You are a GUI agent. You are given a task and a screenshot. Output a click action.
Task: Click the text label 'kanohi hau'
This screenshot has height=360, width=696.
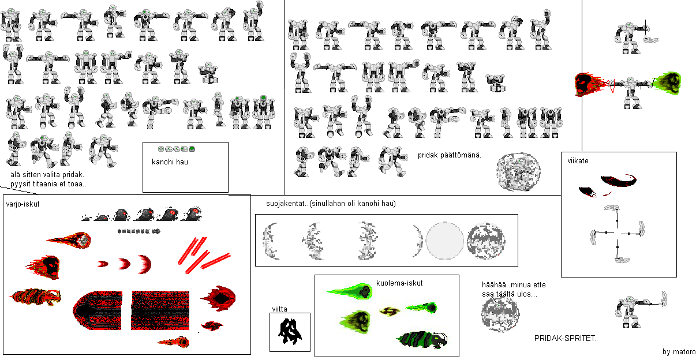point(170,162)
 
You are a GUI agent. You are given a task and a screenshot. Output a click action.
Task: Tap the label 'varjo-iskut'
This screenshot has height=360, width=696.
point(23,204)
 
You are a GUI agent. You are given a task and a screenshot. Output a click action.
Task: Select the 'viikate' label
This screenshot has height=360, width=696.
point(578,160)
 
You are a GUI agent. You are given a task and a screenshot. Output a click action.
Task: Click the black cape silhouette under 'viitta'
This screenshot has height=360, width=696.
point(290,332)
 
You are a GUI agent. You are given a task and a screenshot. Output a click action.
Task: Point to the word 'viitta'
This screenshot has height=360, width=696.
point(280,309)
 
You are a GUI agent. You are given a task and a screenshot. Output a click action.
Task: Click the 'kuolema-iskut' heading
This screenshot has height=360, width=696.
point(399,283)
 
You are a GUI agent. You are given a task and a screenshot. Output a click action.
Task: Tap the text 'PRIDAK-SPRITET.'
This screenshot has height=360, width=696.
point(566,338)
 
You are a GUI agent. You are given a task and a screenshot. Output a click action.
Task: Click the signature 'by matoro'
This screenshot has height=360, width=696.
point(679,351)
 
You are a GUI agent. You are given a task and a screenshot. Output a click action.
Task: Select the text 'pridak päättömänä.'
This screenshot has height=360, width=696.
point(450,155)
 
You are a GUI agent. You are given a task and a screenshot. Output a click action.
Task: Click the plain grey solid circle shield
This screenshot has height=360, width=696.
point(444,241)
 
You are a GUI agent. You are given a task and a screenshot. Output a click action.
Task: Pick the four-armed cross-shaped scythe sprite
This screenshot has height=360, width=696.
point(617,234)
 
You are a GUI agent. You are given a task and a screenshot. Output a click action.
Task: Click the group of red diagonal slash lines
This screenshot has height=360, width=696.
point(204,256)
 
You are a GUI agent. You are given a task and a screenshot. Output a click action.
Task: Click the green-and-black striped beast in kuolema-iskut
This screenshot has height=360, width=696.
point(422,340)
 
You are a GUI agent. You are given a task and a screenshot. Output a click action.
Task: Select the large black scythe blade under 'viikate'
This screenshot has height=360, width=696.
point(618,181)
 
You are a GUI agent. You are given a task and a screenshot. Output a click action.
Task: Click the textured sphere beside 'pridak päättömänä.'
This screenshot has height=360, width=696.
point(518,171)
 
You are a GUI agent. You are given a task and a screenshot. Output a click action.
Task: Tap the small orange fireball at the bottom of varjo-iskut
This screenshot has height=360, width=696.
point(174,342)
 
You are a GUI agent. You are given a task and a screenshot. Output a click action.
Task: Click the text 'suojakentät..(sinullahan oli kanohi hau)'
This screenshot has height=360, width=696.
point(331,204)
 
